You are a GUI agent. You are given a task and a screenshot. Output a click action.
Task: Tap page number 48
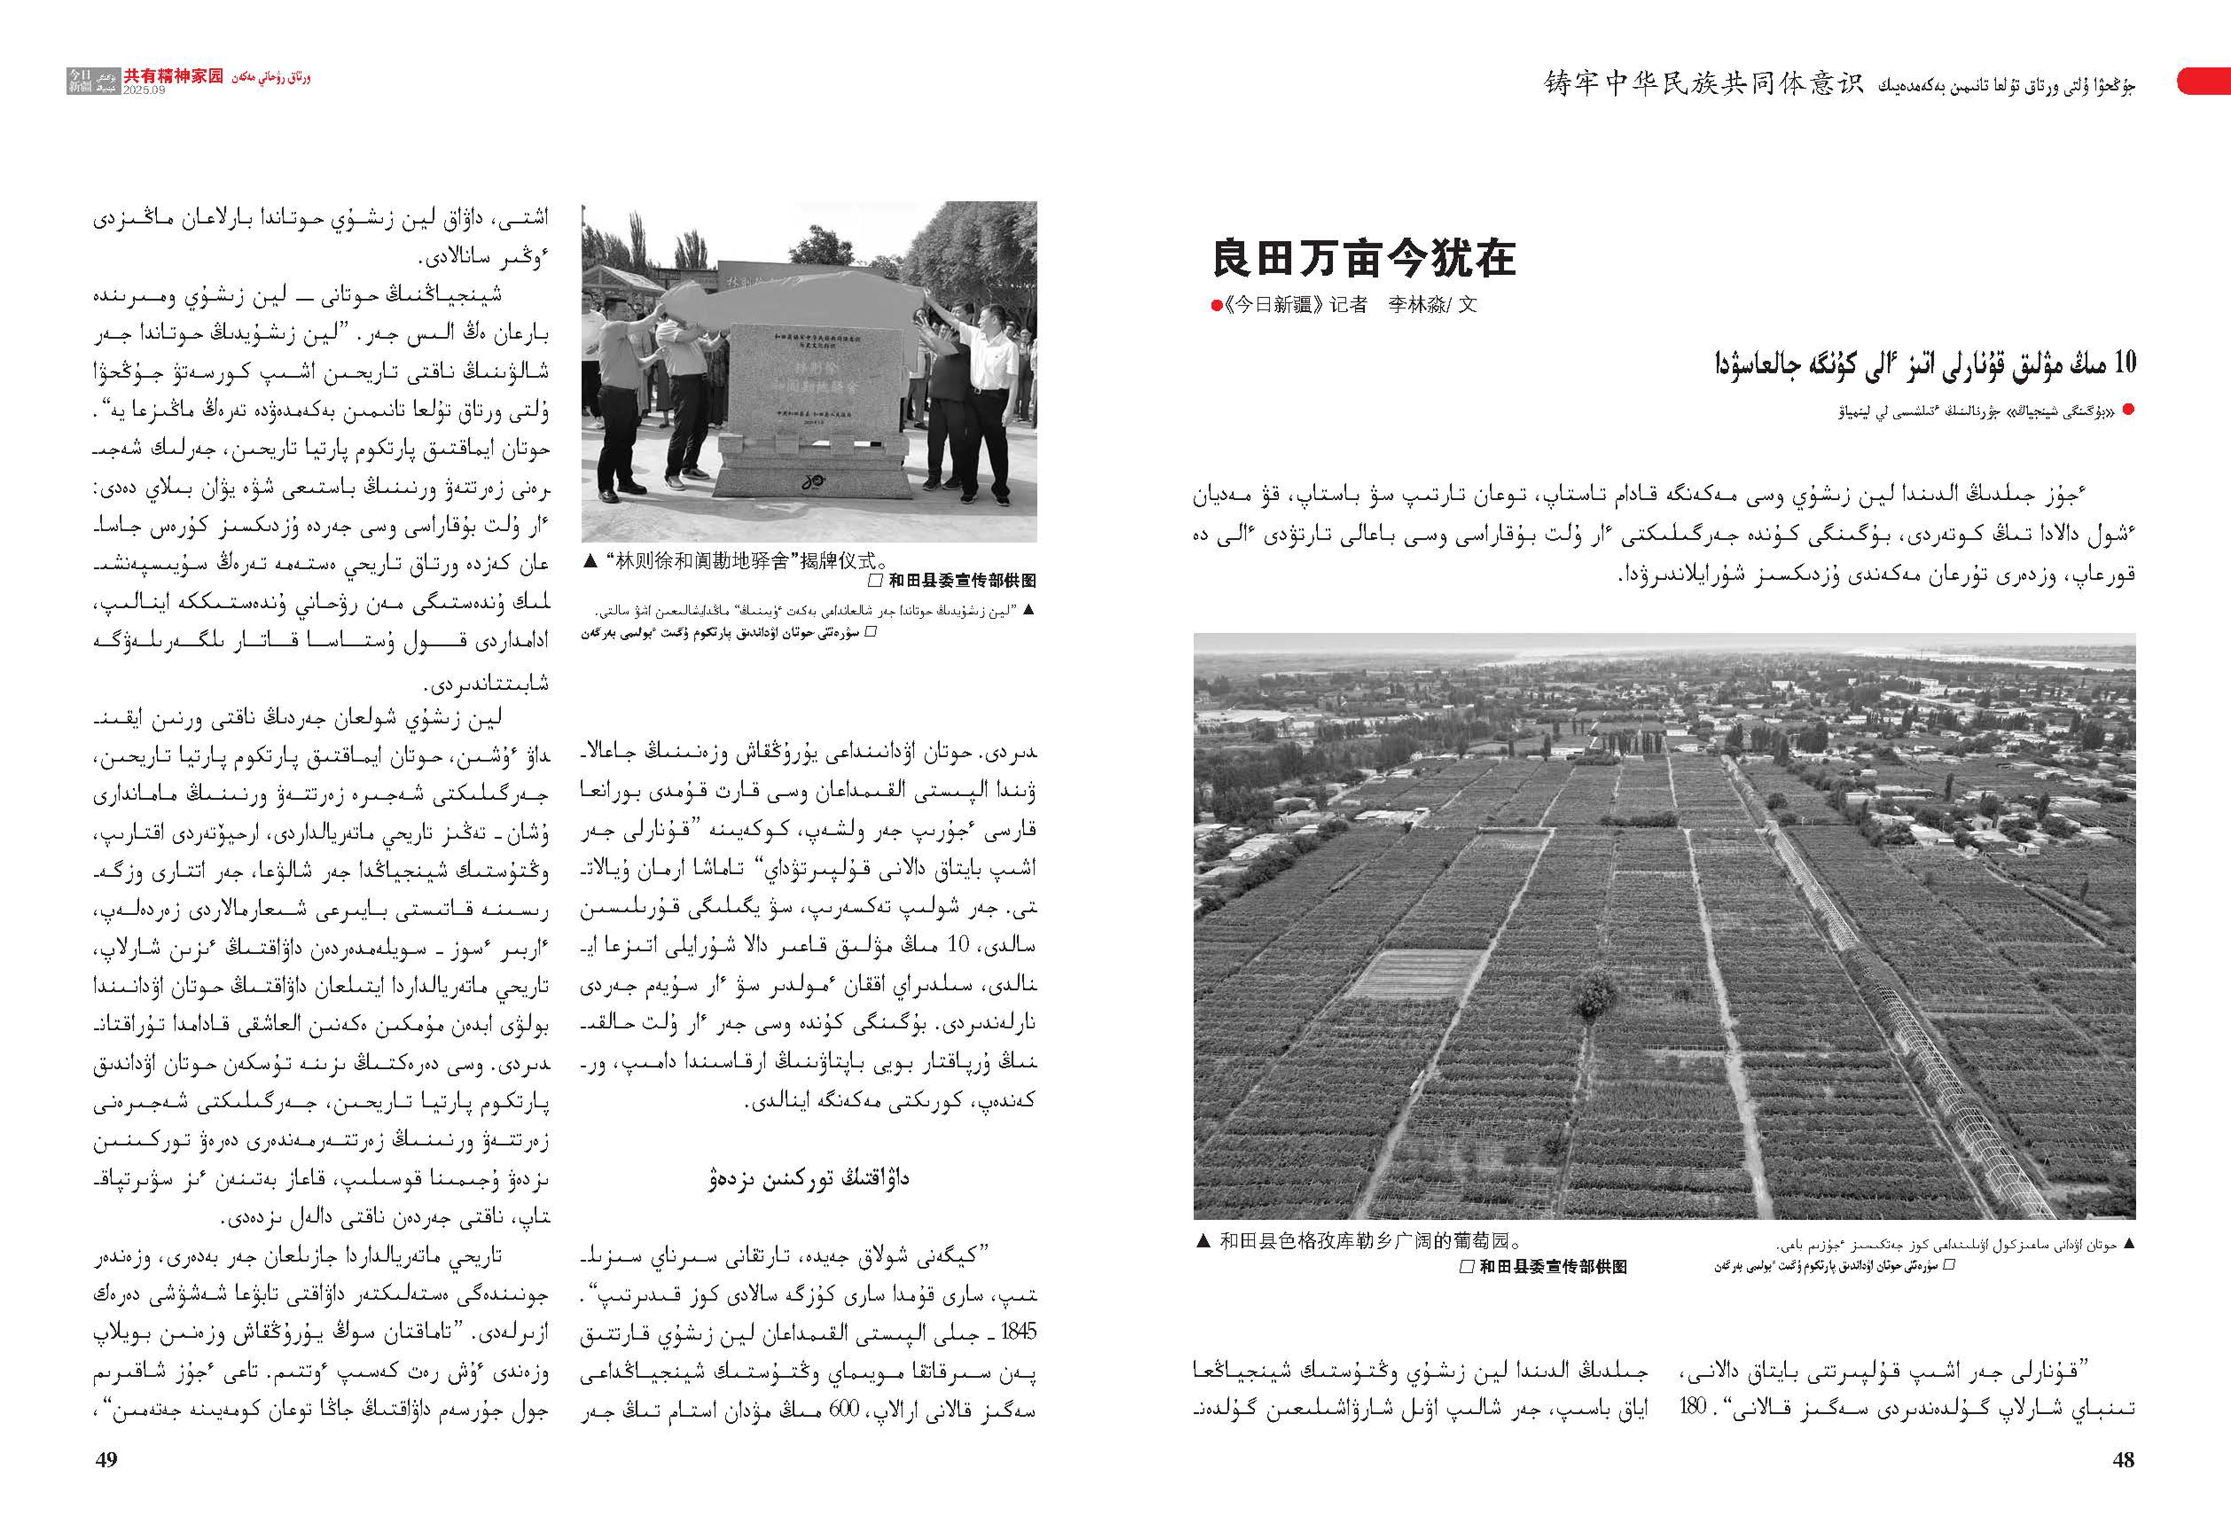[2122, 1460]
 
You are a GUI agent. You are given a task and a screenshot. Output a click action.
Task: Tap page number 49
[107, 1460]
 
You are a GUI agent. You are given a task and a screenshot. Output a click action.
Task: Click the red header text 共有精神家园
[173, 75]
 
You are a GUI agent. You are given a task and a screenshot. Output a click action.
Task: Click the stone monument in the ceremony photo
[816, 403]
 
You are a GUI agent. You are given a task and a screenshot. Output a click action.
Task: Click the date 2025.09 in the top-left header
[144, 89]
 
